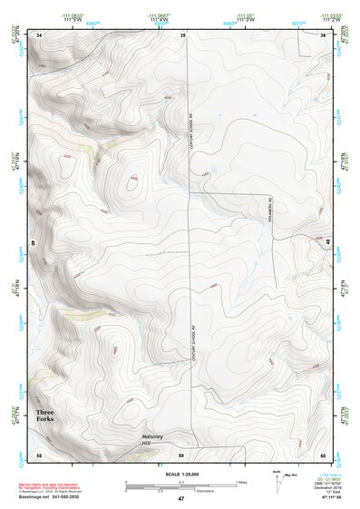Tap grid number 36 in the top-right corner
(x=323, y=34)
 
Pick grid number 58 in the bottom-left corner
(x=39, y=453)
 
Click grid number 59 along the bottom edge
(x=181, y=453)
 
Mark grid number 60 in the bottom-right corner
(x=323, y=453)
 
